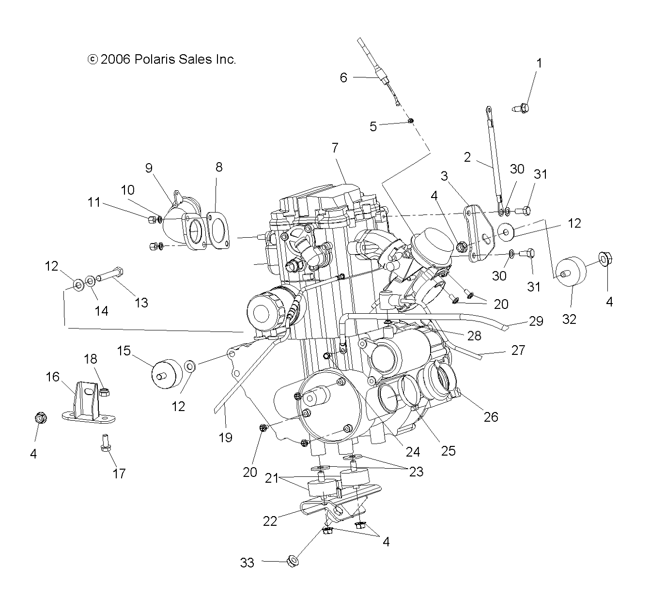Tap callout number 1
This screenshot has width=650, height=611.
coord(539,63)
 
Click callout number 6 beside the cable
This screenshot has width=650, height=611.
coord(343,77)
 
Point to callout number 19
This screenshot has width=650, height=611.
coord(226,438)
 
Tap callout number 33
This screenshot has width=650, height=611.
coord(247,563)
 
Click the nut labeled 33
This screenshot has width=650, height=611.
coord(293,562)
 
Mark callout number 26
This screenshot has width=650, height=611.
coord(491,416)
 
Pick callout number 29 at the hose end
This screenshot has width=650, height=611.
coord(536,321)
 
